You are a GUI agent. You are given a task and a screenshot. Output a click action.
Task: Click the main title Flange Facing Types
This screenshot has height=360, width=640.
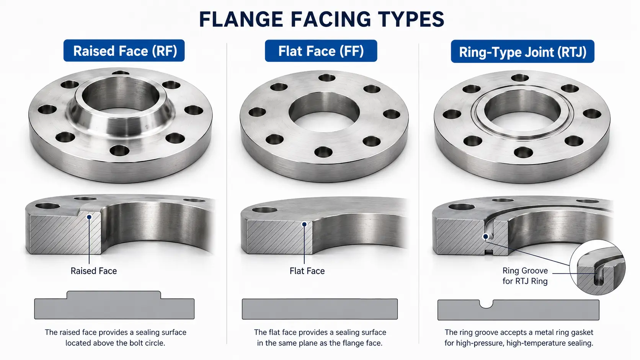tap(322, 19)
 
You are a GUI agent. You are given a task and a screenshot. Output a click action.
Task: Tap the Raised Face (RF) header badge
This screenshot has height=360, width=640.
tap(124, 50)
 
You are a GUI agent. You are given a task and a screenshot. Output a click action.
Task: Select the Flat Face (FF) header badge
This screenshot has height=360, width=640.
tap(321, 51)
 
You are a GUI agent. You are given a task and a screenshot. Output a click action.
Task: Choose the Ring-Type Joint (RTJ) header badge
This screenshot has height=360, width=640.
tap(522, 51)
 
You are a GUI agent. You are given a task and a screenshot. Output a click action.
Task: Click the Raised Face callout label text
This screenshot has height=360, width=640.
tap(94, 270)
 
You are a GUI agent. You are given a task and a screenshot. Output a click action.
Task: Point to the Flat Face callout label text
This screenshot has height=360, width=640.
tap(307, 270)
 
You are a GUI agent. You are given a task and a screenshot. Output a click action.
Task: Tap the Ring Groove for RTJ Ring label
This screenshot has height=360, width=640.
tap(525, 276)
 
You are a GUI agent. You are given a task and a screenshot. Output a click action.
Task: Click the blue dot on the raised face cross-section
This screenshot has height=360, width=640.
tap(89, 217)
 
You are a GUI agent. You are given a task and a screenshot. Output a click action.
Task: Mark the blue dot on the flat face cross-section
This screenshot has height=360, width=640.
tap(304, 225)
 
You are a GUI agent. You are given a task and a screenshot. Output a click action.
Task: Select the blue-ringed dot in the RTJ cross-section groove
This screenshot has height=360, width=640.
tap(485, 236)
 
